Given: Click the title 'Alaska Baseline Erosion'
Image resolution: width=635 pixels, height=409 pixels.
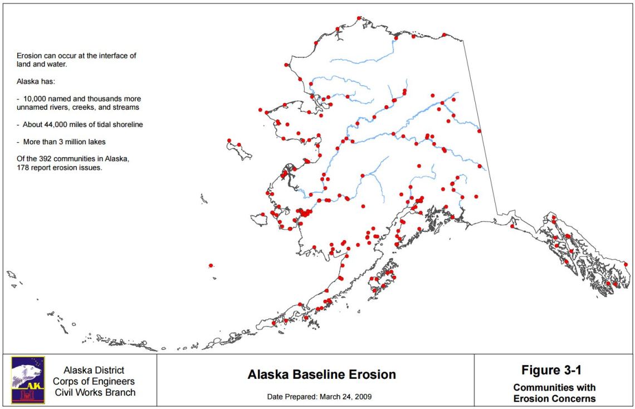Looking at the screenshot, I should pos(321,374).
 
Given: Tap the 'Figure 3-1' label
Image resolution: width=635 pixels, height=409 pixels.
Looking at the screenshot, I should pos(551,370).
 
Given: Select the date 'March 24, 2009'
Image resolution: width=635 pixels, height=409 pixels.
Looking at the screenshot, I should pos(345,397).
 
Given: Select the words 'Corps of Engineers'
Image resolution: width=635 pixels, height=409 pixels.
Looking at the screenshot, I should pos(94,381).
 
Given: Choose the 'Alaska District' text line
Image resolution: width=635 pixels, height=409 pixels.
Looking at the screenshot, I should pos(94,370).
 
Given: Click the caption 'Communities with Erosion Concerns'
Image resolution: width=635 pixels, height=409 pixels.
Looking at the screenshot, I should pos(554,393).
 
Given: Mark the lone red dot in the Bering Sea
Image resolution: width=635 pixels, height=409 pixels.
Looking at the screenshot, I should pos(211,266).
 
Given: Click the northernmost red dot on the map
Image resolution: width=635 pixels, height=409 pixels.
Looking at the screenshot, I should pos(359,18).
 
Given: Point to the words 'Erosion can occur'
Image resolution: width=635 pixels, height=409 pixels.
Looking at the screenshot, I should pos(44,56).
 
